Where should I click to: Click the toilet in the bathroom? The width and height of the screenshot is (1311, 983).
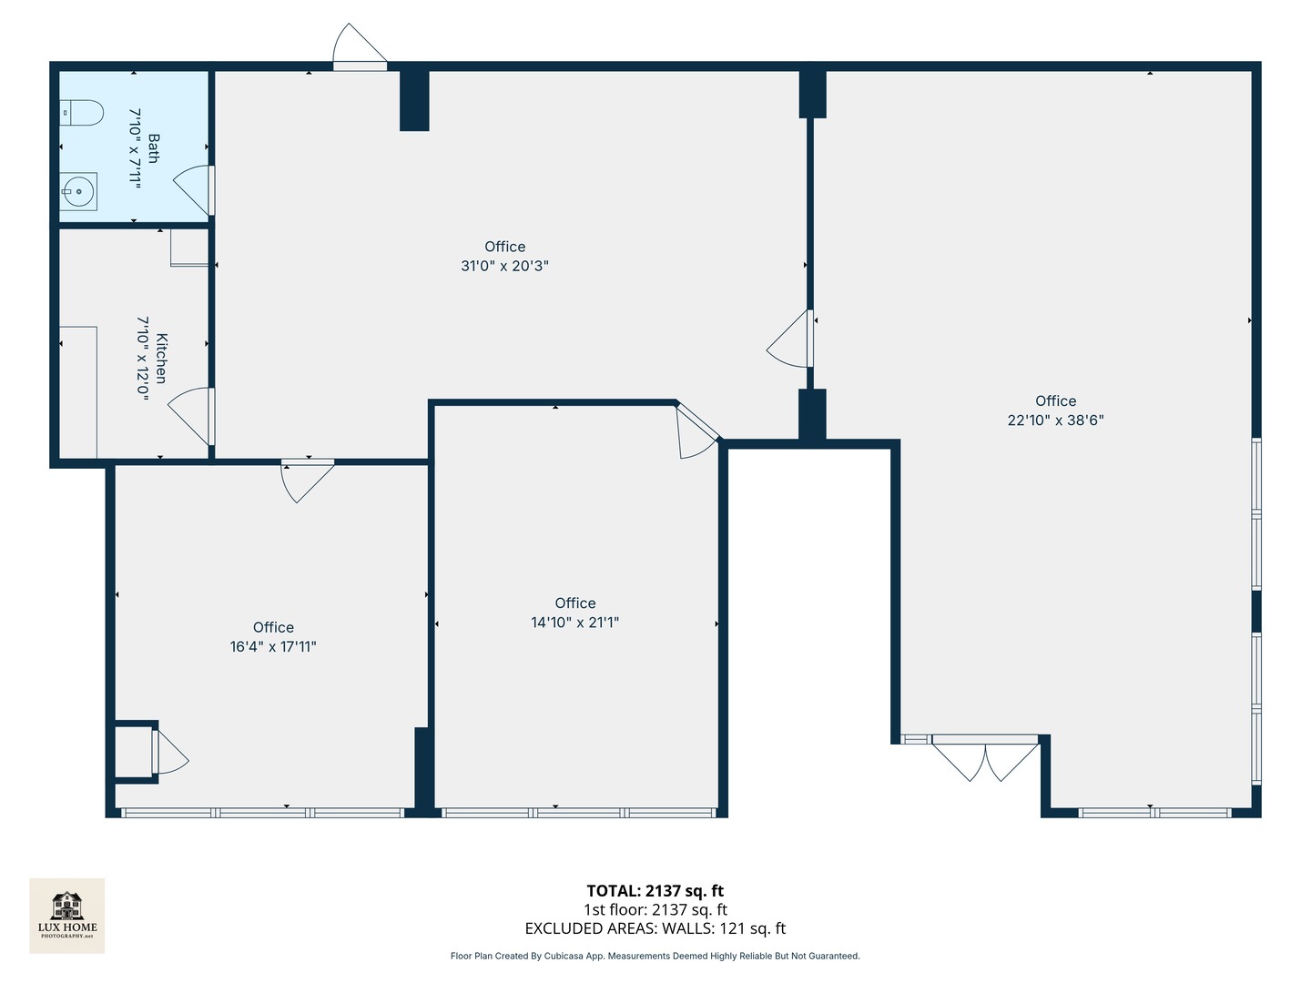[x=81, y=114]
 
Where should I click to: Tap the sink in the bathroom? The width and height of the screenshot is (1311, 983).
[x=78, y=191]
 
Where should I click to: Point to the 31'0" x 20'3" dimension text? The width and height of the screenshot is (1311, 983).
[x=504, y=266]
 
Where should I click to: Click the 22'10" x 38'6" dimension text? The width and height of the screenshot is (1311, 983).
[x=1055, y=420]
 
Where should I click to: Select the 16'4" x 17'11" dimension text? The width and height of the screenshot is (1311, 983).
[x=273, y=647]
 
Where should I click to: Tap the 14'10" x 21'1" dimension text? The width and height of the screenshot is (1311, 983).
[x=575, y=623]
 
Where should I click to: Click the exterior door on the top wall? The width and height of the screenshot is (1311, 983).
[x=360, y=47]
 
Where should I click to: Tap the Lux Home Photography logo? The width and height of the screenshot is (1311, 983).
[x=67, y=915]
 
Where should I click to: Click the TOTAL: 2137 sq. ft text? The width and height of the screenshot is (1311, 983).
[x=655, y=891]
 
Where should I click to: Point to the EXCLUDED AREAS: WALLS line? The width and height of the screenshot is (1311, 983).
[x=655, y=928]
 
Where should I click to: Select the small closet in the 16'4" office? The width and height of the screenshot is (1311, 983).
[x=133, y=752]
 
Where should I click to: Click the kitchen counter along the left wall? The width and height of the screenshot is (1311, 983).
[x=78, y=391]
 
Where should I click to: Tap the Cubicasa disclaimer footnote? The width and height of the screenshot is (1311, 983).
[x=655, y=956]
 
